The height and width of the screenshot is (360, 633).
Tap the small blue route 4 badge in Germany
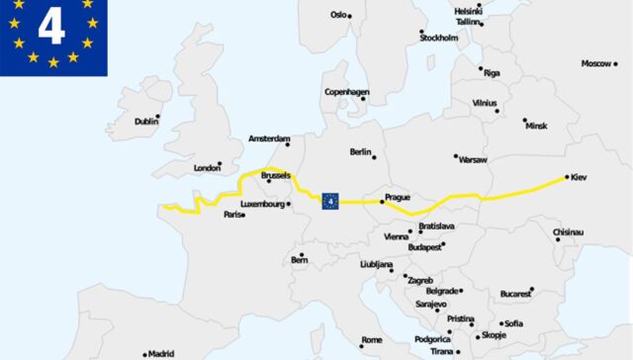click(330, 202)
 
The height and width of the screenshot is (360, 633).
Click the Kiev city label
click(580, 177)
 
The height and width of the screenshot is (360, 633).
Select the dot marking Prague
click(383, 202)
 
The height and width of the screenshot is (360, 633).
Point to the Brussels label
click(276, 175)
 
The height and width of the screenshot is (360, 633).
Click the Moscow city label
click(596, 63)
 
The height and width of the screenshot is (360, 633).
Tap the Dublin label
click(144, 122)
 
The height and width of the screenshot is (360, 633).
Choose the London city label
click(207, 168)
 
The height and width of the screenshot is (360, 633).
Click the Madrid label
click(159, 353)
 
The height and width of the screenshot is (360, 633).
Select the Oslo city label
click(339, 15)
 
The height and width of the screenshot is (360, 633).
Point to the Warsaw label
click(473, 158)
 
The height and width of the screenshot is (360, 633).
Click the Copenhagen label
click(346, 92)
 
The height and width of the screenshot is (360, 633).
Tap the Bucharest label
click(515, 294)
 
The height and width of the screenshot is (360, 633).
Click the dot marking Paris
click(243, 214)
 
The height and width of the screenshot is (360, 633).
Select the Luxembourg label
click(263, 205)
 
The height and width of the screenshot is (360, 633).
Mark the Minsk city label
click(536, 126)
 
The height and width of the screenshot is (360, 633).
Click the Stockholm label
click(439, 38)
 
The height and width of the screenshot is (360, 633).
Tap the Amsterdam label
click(268, 138)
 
